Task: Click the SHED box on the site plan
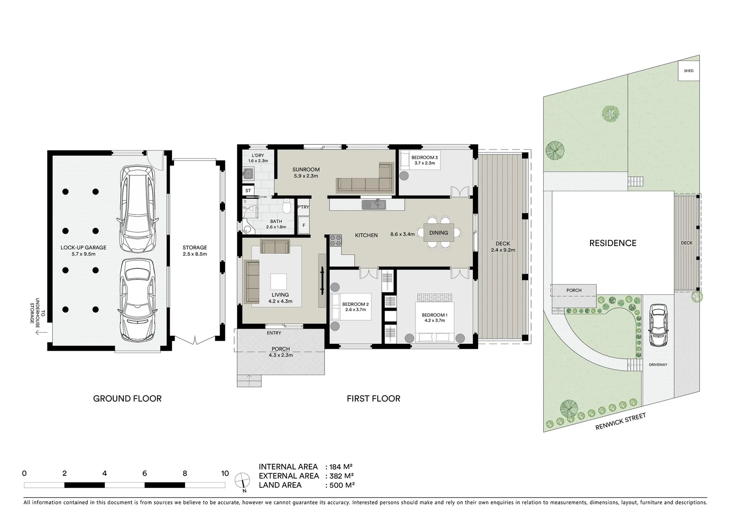click(x=688, y=71)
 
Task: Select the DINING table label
click(x=438, y=233)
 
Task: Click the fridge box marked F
click(x=303, y=225)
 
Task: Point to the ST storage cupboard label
click(x=248, y=191)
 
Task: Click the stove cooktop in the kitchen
click(x=336, y=240)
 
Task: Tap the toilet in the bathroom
click(x=286, y=207)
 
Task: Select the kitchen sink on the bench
click(x=374, y=205)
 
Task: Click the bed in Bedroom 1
click(x=435, y=317)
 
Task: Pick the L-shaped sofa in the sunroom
click(x=365, y=181)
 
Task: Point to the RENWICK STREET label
click(x=620, y=422)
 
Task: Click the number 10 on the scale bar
click(x=225, y=473)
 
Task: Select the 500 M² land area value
click(x=340, y=485)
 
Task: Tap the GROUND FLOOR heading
click(x=127, y=398)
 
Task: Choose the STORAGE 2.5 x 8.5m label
click(x=195, y=250)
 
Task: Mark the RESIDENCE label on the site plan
click(x=612, y=243)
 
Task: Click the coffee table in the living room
click(x=278, y=280)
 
